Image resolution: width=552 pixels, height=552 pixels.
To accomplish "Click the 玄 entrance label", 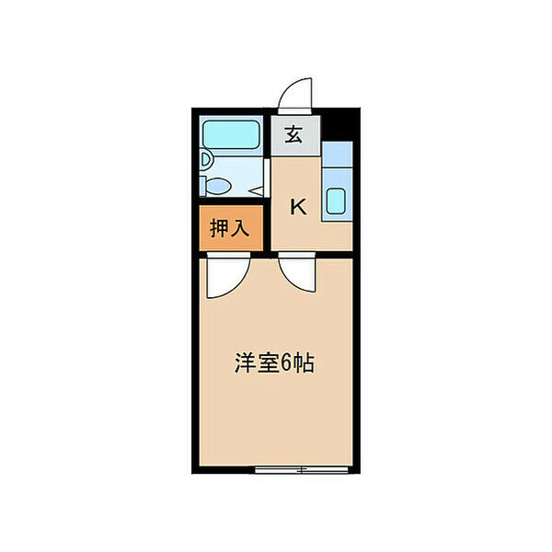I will click(293, 135).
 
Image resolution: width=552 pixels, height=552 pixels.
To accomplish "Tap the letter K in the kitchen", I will click(299, 206).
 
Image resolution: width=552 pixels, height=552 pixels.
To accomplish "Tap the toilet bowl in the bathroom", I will click(219, 185).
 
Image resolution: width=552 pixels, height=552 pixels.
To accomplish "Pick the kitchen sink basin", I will click(336, 202).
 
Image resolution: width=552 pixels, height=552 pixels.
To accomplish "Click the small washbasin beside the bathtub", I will click(205, 160).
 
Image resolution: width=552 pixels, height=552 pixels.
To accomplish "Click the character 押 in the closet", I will click(219, 229).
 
